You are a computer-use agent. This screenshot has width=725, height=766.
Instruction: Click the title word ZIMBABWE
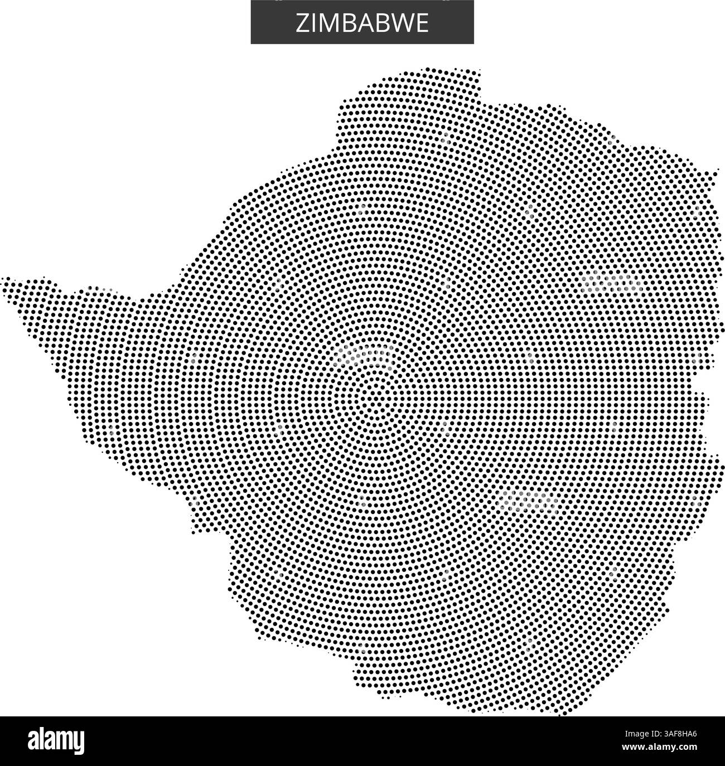pos(362,23)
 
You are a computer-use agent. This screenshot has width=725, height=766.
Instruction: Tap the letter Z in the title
pos(302,23)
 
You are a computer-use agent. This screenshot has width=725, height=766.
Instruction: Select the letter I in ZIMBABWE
pos(312,23)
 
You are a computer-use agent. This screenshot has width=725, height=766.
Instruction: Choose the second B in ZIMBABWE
pos(375,23)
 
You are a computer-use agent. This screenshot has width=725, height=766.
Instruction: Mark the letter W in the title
pos(396,23)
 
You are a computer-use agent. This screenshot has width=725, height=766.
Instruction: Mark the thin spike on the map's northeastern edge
pos(714,173)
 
